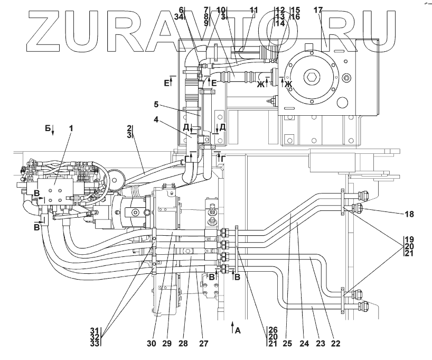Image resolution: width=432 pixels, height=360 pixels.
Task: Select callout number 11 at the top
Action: coord(253,10)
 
